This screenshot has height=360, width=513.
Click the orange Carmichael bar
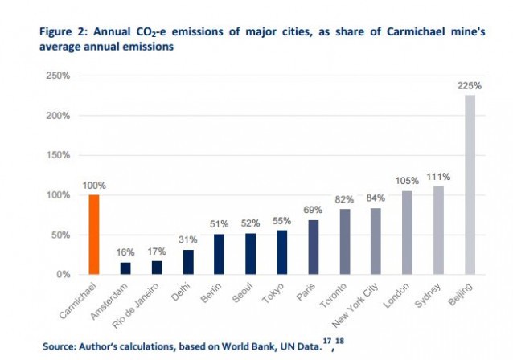93,234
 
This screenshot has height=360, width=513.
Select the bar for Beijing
470,185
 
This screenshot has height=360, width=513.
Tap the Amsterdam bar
125,268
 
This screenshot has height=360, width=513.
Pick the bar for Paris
313,247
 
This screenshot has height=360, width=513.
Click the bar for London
407,233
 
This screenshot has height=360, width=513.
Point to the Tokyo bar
281,252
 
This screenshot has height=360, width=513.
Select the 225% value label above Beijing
470,86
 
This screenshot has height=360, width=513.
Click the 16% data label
125,253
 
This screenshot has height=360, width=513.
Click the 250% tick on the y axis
59,76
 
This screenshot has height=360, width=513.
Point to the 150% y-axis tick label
59,155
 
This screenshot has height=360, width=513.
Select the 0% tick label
64,275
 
